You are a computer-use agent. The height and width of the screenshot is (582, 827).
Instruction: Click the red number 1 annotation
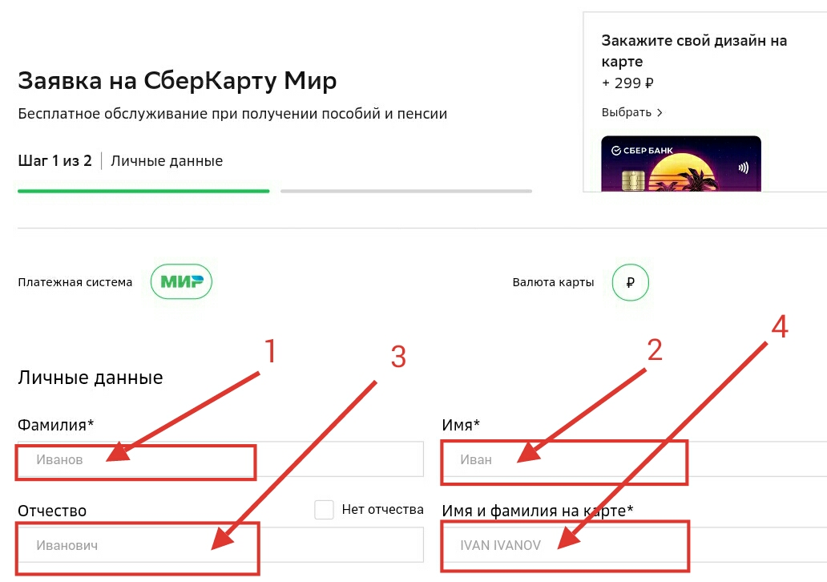tap(270, 351)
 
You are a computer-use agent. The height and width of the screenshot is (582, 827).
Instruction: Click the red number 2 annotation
tap(655, 350)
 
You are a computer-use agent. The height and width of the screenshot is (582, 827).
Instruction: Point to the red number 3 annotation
tap(398, 357)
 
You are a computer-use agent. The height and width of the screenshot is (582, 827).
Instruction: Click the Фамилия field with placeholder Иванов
tap(220, 459)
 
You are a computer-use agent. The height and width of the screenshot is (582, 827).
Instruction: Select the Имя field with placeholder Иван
tap(634, 459)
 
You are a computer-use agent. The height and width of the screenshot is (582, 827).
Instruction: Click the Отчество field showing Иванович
tap(220, 545)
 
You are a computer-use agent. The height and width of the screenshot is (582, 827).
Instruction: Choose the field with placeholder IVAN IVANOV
tap(634, 545)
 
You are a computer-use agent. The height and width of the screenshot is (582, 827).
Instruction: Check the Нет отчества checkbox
tap(324, 510)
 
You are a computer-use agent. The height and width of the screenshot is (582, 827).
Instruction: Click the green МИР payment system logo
tap(181, 281)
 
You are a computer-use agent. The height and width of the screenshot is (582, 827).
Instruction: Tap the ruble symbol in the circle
tap(631, 282)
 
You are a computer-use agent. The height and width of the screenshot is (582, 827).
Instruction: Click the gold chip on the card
tap(633, 180)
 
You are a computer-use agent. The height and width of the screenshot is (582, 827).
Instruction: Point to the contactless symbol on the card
tap(744, 168)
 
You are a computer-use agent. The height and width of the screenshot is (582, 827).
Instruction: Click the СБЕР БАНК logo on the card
tap(642, 151)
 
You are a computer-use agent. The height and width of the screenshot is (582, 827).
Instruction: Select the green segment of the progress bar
tap(143, 191)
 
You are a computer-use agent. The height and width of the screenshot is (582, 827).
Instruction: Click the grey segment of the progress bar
tap(406, 191)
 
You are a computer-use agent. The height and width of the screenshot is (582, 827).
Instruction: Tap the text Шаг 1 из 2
tap(54, 160)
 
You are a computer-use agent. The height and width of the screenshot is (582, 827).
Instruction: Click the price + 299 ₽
tap(627, 83)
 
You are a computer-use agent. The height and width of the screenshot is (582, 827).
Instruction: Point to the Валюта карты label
tap(553, 282)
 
